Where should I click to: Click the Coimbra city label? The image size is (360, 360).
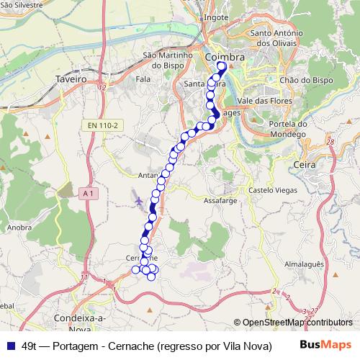point(225,56)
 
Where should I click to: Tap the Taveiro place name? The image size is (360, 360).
point(71,78)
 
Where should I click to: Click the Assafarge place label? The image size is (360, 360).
point(221,200)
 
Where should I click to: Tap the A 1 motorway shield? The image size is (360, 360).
point(89,192)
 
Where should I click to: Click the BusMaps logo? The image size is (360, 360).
point(330,346)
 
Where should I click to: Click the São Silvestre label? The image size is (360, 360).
point(21,4)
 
